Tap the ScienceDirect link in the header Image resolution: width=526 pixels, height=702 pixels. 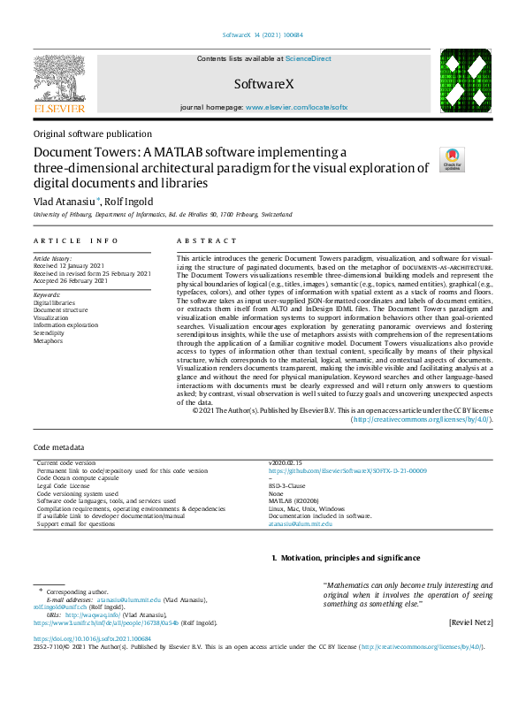point(308,58)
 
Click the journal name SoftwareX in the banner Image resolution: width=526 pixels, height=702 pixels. point(263,84)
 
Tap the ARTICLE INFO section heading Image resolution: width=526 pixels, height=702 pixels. point(75,240)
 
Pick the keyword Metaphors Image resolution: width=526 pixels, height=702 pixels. point(48,339)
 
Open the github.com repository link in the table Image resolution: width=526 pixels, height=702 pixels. point(347,471)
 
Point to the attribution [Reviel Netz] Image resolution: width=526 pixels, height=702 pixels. point(469,622)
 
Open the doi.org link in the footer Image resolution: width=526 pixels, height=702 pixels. point(92,638)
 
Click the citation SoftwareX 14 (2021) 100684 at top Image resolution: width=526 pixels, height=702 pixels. point(262,35)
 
